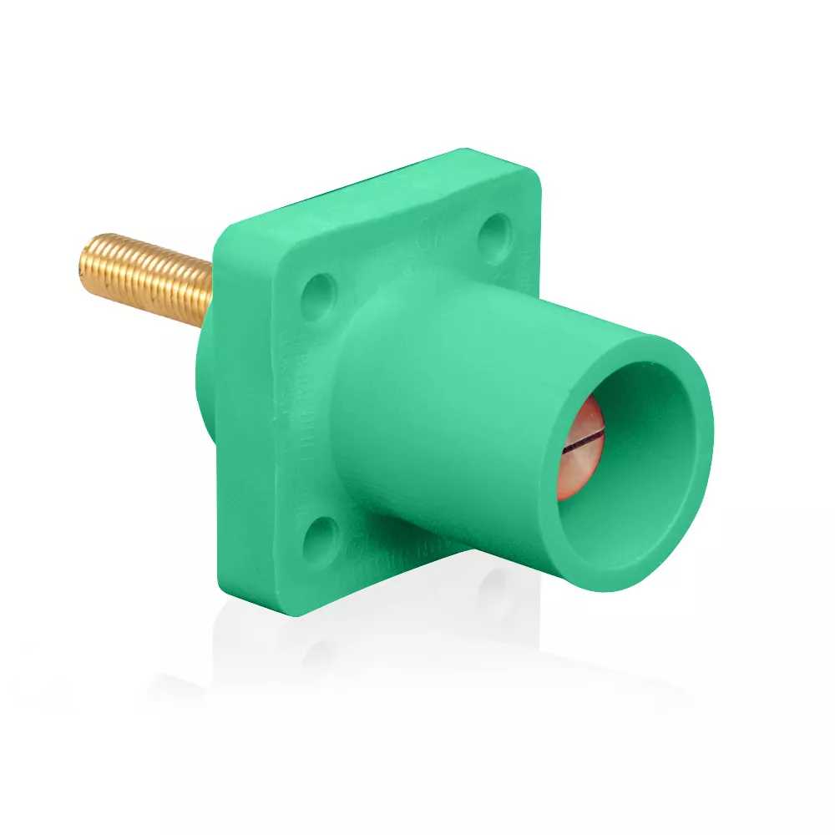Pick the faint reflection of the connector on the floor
(468, 643)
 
